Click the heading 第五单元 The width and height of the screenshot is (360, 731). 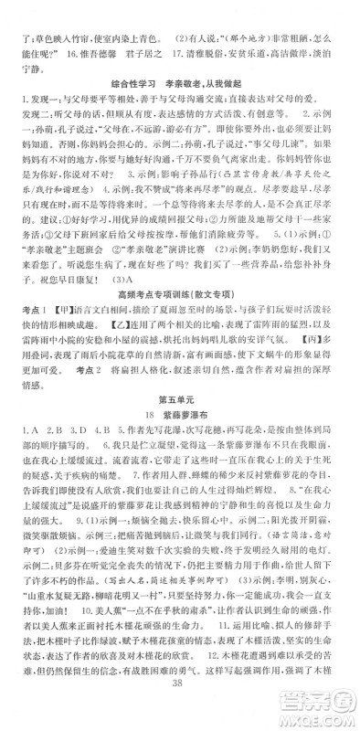tap(179, 425)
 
